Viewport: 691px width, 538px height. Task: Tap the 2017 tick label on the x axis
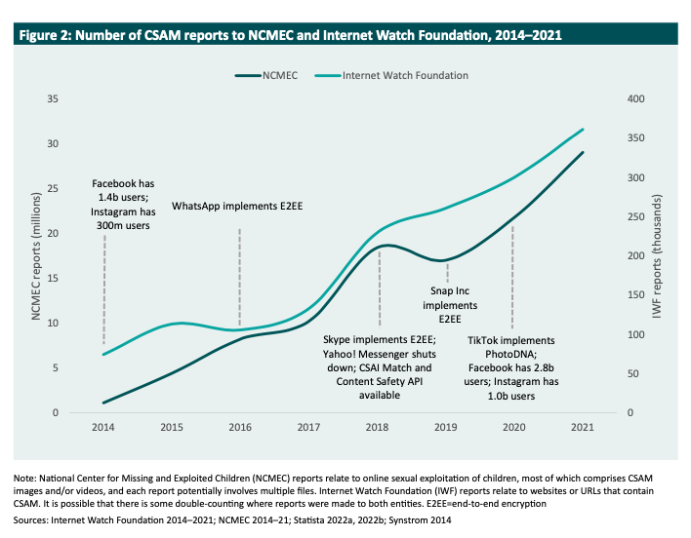[x=308, y=428]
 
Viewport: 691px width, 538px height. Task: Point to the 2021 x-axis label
[x=583, y=428]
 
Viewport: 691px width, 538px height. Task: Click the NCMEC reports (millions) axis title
[x=39, y=255]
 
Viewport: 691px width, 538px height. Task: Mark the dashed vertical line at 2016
[x=240, y=273]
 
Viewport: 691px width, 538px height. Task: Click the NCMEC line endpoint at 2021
[x=583, y=152]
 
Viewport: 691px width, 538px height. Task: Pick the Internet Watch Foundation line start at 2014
[x=103, y=354]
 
